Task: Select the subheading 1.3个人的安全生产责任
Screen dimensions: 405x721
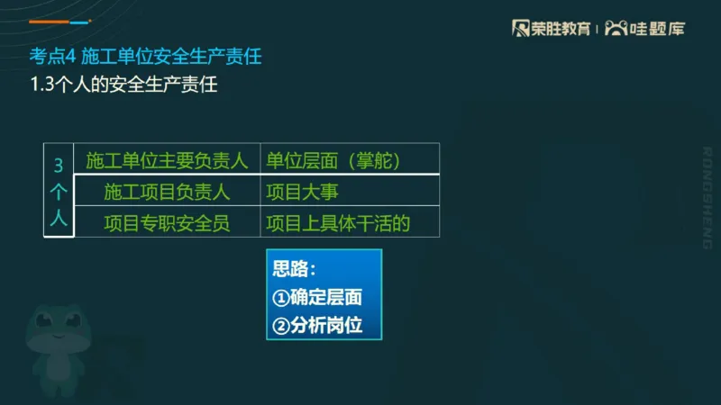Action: (x=123, y=86)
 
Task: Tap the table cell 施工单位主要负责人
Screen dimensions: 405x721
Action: (x=167, y=161)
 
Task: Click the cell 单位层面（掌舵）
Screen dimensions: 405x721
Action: (x=333, y=161)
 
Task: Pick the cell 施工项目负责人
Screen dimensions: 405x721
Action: (x=167, y=192)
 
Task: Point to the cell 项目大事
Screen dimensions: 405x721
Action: (x=302, y=192)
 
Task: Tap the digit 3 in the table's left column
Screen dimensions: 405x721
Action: (x=59, y=166)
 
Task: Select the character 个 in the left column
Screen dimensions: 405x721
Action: (x=59, y=193)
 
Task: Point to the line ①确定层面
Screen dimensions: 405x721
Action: (x=317, y=298)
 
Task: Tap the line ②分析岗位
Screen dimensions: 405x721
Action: (x=317, y=325)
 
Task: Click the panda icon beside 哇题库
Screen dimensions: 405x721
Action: (x=616, y=28)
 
